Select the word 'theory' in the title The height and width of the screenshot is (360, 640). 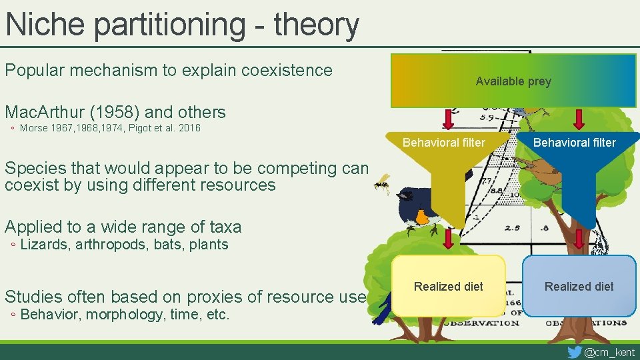[316, 25]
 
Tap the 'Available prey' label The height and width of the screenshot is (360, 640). [513, 81]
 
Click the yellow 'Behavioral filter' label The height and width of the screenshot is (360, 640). [444, 142]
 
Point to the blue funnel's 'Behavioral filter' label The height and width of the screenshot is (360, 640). [575, 142]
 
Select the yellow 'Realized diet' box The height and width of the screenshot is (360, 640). [448, 286]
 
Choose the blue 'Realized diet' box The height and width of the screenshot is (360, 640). [579, 286]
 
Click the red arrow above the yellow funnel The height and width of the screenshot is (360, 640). [449, 119]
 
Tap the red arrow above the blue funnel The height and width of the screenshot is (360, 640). [579, 119]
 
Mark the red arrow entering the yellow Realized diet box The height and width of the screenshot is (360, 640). [449, 239]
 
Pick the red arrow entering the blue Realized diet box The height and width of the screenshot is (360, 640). [579, 239]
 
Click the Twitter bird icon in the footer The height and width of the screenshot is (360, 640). [574, 351]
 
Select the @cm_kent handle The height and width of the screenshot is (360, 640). [609, 352]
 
